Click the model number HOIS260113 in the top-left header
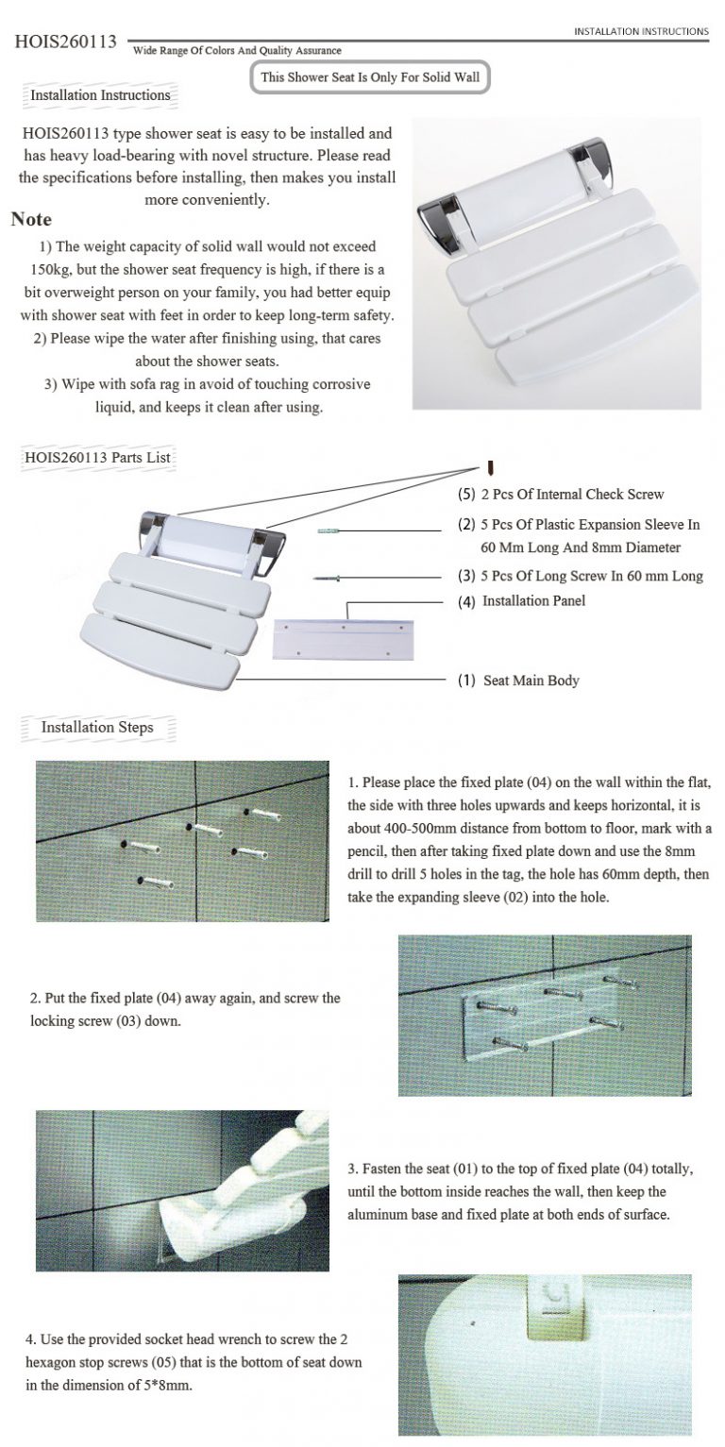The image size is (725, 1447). pos(66,42)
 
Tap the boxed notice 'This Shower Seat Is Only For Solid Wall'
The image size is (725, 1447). pos(371,77)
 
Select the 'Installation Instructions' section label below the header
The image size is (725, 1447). pos(100,95)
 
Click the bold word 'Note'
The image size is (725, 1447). pos(31,220)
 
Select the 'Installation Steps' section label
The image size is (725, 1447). pos(96,728)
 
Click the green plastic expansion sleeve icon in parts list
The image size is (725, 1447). pos(328,532)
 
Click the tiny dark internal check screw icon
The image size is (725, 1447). pos(491,467)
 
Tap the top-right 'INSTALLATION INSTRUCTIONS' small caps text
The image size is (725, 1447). pos(640,31)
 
